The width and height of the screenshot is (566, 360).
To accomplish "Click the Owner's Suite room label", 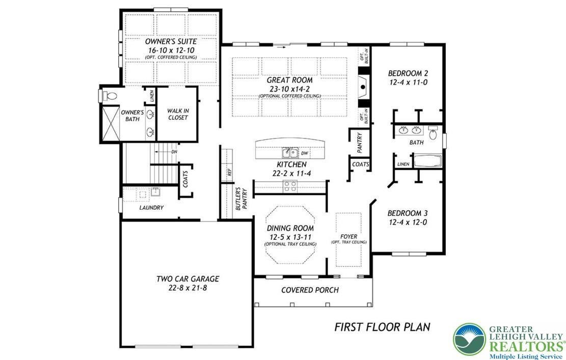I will tap(171, 41).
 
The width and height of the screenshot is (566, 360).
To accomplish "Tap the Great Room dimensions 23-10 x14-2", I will tap(289, 89).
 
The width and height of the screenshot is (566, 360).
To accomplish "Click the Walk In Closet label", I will tap(178, 114).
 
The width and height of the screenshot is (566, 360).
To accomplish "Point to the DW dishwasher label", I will tap(305, 153).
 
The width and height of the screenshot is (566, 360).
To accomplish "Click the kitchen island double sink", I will tap(290, 152).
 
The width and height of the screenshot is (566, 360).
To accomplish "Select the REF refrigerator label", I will tap(230, 173).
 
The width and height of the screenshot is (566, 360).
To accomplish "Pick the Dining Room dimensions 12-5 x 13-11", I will tap(290, 237).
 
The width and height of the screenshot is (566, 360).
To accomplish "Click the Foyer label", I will tap(349, 237).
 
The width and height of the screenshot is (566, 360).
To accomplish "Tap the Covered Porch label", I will tap(310, 290).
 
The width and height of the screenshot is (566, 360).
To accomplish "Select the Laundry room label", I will tap(151, 208).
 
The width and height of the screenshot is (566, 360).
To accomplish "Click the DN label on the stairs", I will tap(174, 151).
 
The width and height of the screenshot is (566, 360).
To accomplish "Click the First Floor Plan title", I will tap(382, 326).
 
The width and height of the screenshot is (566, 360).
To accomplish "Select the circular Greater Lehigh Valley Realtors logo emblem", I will tap(469, 339).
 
